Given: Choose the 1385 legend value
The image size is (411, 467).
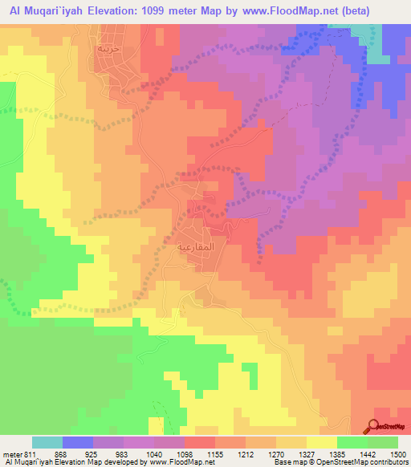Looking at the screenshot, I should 352,453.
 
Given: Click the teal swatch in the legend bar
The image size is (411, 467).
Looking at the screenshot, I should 47,442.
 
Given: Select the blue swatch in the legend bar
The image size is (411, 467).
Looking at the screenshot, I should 78,442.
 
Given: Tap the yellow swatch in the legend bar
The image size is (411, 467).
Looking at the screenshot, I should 322,442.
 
